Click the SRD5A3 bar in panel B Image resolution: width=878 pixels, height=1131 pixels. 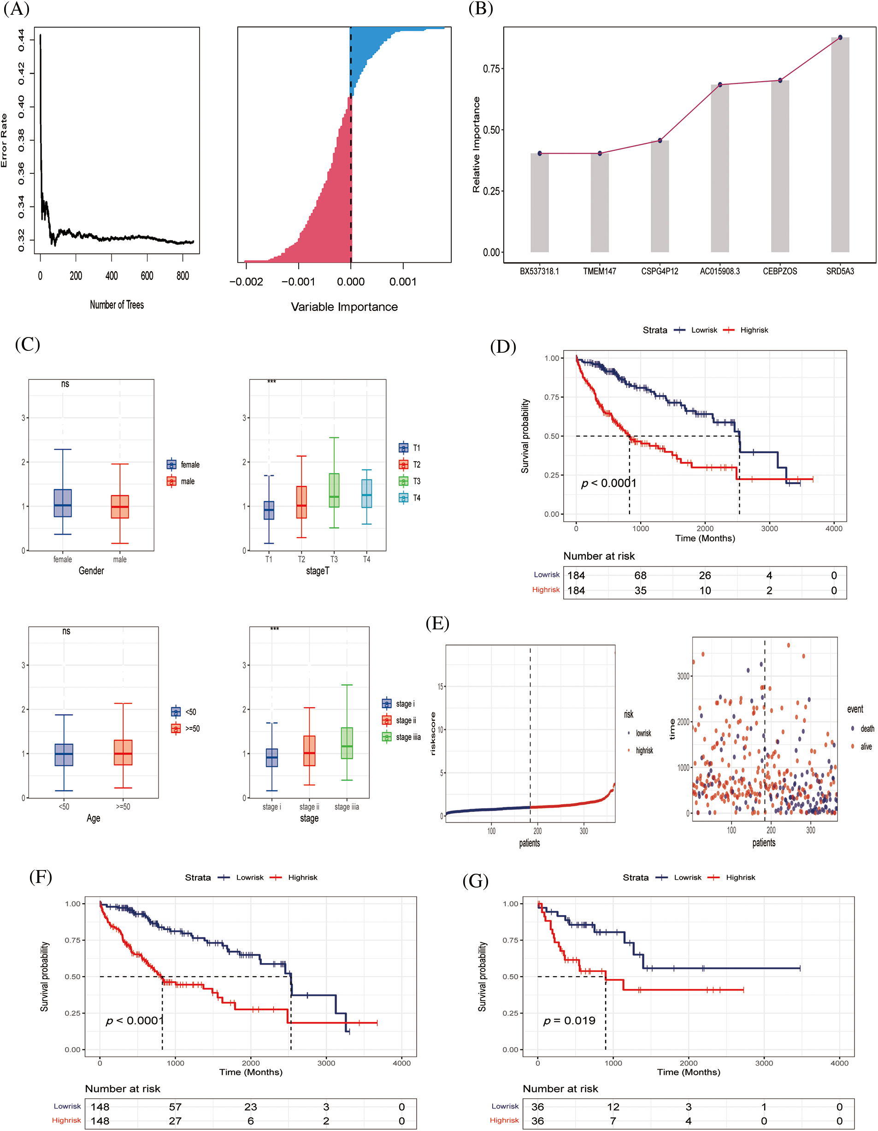click(840, 145)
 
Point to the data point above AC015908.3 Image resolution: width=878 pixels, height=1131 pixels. click(719, 84)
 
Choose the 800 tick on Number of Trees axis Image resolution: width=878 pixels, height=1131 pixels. click(183, 276)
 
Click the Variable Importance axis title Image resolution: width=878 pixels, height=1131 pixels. click(344, 307)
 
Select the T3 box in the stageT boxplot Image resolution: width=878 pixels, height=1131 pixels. click(334, 490)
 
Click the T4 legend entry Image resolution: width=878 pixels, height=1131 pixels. click(410, 497)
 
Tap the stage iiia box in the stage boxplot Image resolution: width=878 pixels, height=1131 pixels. click(347, 743)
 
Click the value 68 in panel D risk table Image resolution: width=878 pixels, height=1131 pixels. click(640, 575)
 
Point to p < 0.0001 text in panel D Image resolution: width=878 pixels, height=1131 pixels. click(608, 483)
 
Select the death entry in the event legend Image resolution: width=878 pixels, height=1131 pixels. click(862, 728)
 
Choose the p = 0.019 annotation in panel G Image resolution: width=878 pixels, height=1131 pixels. click(569, 1021)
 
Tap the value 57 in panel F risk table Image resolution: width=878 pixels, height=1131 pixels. click(175, 1107)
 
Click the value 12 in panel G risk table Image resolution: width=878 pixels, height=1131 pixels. click(613, 1107)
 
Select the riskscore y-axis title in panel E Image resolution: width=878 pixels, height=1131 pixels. click(433, 733)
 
